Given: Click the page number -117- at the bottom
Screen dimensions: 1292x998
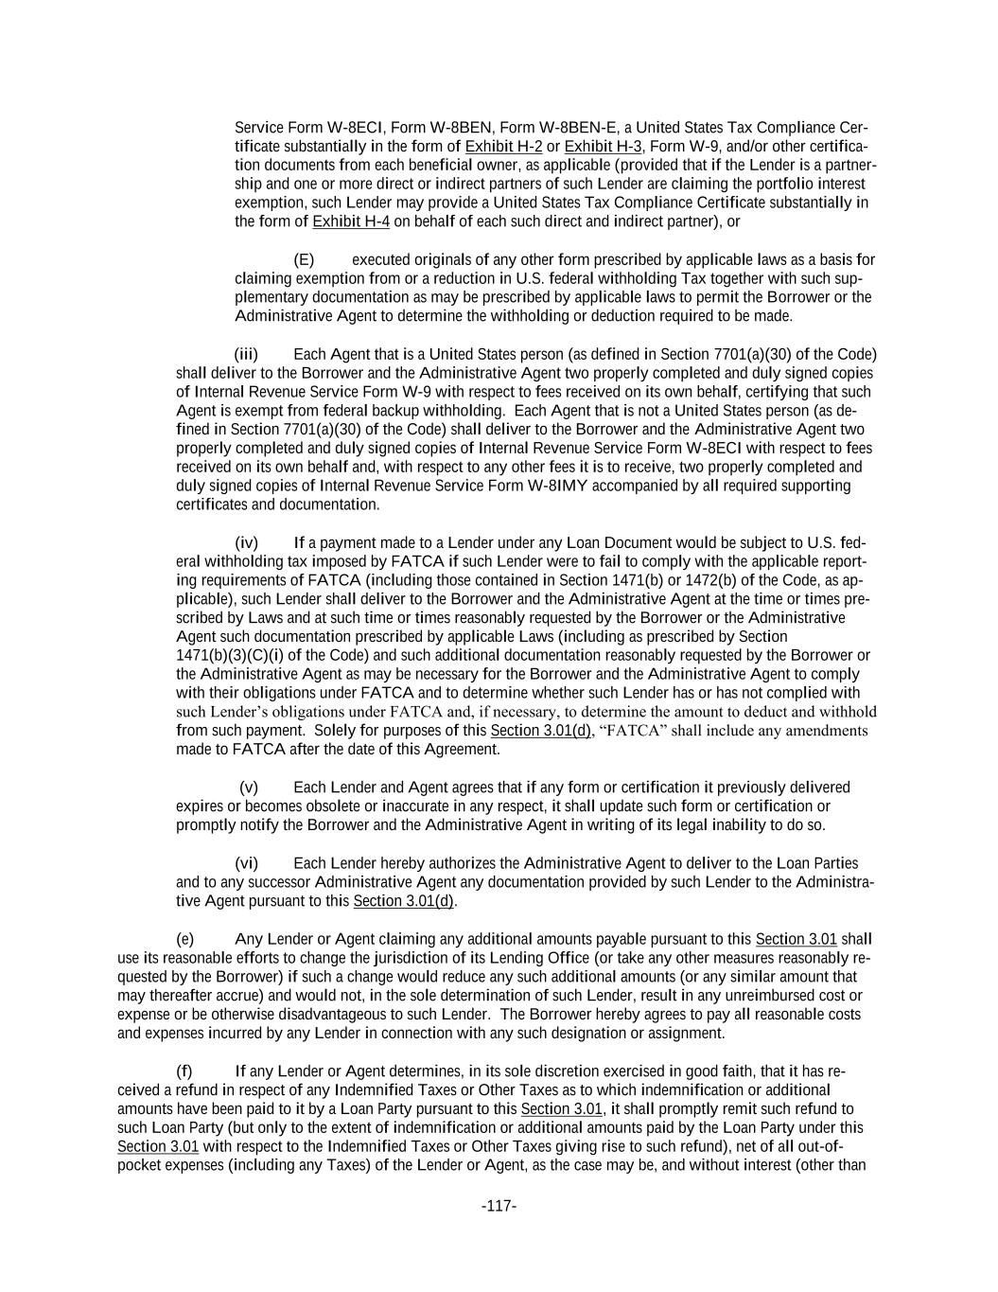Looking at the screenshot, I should click(x=499, y=1206).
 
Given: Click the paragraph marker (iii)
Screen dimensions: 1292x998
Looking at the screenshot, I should click(x=246, y=355).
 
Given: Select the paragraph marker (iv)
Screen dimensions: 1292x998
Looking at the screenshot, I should click(x=246, y=543).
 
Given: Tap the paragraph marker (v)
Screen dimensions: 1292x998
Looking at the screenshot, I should click(x=249, y=788).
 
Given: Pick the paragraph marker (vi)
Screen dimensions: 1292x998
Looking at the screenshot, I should click(x=246, y=863).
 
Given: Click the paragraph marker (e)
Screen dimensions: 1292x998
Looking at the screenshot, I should click(x=185, y=939).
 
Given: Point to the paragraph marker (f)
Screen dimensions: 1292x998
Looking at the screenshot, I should click(x=184, y=1071).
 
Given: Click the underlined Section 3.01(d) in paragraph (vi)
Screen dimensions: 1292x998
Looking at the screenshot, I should click(x=404, y=901).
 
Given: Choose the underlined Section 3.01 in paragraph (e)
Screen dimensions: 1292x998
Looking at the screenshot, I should click(x=796, y=939).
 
